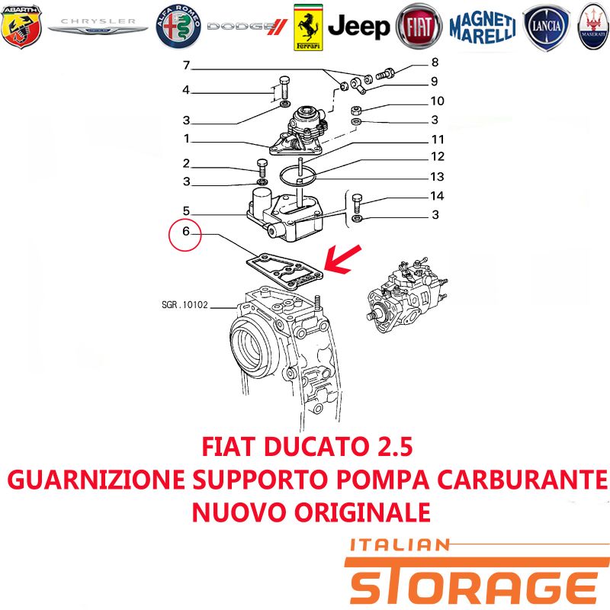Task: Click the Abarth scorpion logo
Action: click(21, 27)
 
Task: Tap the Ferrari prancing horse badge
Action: click(308, 27)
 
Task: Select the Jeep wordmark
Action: click(358, 27)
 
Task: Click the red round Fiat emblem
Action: click(419, 27)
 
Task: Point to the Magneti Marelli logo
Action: click(483, 27)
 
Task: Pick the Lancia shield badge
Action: click(546, 27)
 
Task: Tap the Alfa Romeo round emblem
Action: click(178, 27)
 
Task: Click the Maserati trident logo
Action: click(594, 27)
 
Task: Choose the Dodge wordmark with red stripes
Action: click(247, 27)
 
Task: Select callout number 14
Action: click(437, 196)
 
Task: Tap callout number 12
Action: click(437, 156)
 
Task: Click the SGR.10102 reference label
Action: click(185, 304)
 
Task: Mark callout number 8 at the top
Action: click(435, 63)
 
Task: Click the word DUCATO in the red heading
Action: click(316, 447)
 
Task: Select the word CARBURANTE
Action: click(522, 480)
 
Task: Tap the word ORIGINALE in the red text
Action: click(362, 512)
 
